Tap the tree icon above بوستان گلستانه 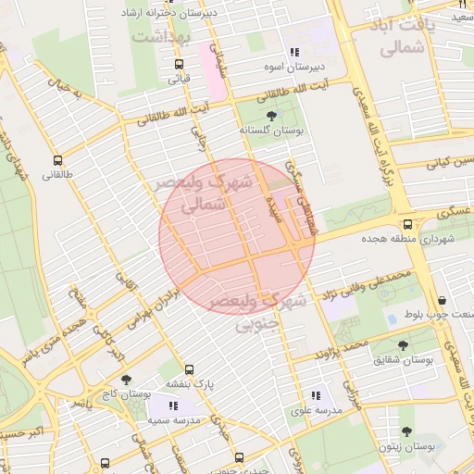(x=271, y=116)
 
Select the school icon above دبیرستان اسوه (x=294, y=53)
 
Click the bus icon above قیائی (x=179, y=64)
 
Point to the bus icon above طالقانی (x=58, y=159)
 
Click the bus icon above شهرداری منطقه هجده (x=407, y=224)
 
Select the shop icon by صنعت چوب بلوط (x=443, y=300)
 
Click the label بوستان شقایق (x=404, y=359)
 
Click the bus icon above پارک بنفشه (x=190, y=368)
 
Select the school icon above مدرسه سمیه (x=172, y=405)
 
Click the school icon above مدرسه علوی (x=315, y=395)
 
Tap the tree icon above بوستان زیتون (x=405, y=431)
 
